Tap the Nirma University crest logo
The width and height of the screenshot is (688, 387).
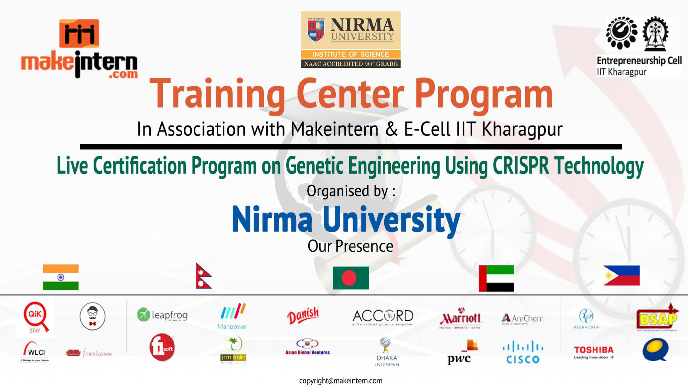[316, 30]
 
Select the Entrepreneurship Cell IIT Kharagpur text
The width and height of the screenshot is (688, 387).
[639, 66]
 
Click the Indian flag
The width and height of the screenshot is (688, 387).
[61, 277]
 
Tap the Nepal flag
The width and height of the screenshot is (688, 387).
[203, 276]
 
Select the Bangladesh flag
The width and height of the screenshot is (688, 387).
[351, 278]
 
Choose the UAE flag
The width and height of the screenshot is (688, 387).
[496, 278]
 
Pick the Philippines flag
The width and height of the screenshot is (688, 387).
[622, 276]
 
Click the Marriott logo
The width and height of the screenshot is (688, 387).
[461, 319]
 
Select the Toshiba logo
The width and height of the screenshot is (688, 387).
[594, 352]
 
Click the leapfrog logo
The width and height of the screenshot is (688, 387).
[162, 315]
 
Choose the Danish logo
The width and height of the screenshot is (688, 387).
[303, 315]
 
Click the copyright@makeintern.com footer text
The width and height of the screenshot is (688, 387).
[341, 381]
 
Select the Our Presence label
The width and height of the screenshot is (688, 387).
[350, 246]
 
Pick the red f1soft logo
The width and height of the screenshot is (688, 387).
[162, 347]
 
